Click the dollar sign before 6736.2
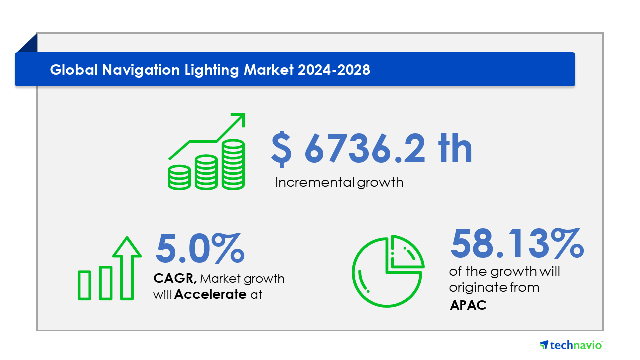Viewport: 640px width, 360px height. [x=282, y=148]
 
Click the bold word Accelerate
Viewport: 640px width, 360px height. [x=210, y=295]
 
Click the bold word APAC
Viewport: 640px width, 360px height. [x=468, y=305]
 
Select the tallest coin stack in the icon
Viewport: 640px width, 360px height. [x=233, y=165]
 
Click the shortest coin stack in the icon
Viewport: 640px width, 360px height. [x=179, y=177]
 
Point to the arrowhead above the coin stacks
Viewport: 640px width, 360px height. [x=238, y=120]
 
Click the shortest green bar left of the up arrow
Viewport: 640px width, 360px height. [x=85, y=285]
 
